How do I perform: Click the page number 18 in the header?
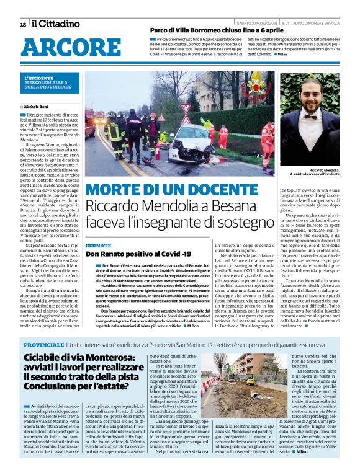[x=23, y=24]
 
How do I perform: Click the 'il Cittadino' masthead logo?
[x=56, y=24]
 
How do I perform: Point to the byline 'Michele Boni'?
[x=37, y=107]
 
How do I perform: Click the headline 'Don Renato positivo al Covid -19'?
[x=130, y=254]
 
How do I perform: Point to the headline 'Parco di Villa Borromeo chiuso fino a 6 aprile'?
[x=212, y=29]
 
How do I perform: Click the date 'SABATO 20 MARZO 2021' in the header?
[x=253, y=23]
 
